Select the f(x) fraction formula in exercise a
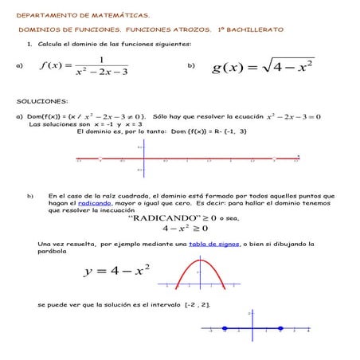(83, 66)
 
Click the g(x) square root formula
(263, 66)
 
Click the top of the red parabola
(200, 261)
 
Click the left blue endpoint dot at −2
(225, 328)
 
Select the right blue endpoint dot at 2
(280, 328)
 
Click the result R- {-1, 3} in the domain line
(224, 131)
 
